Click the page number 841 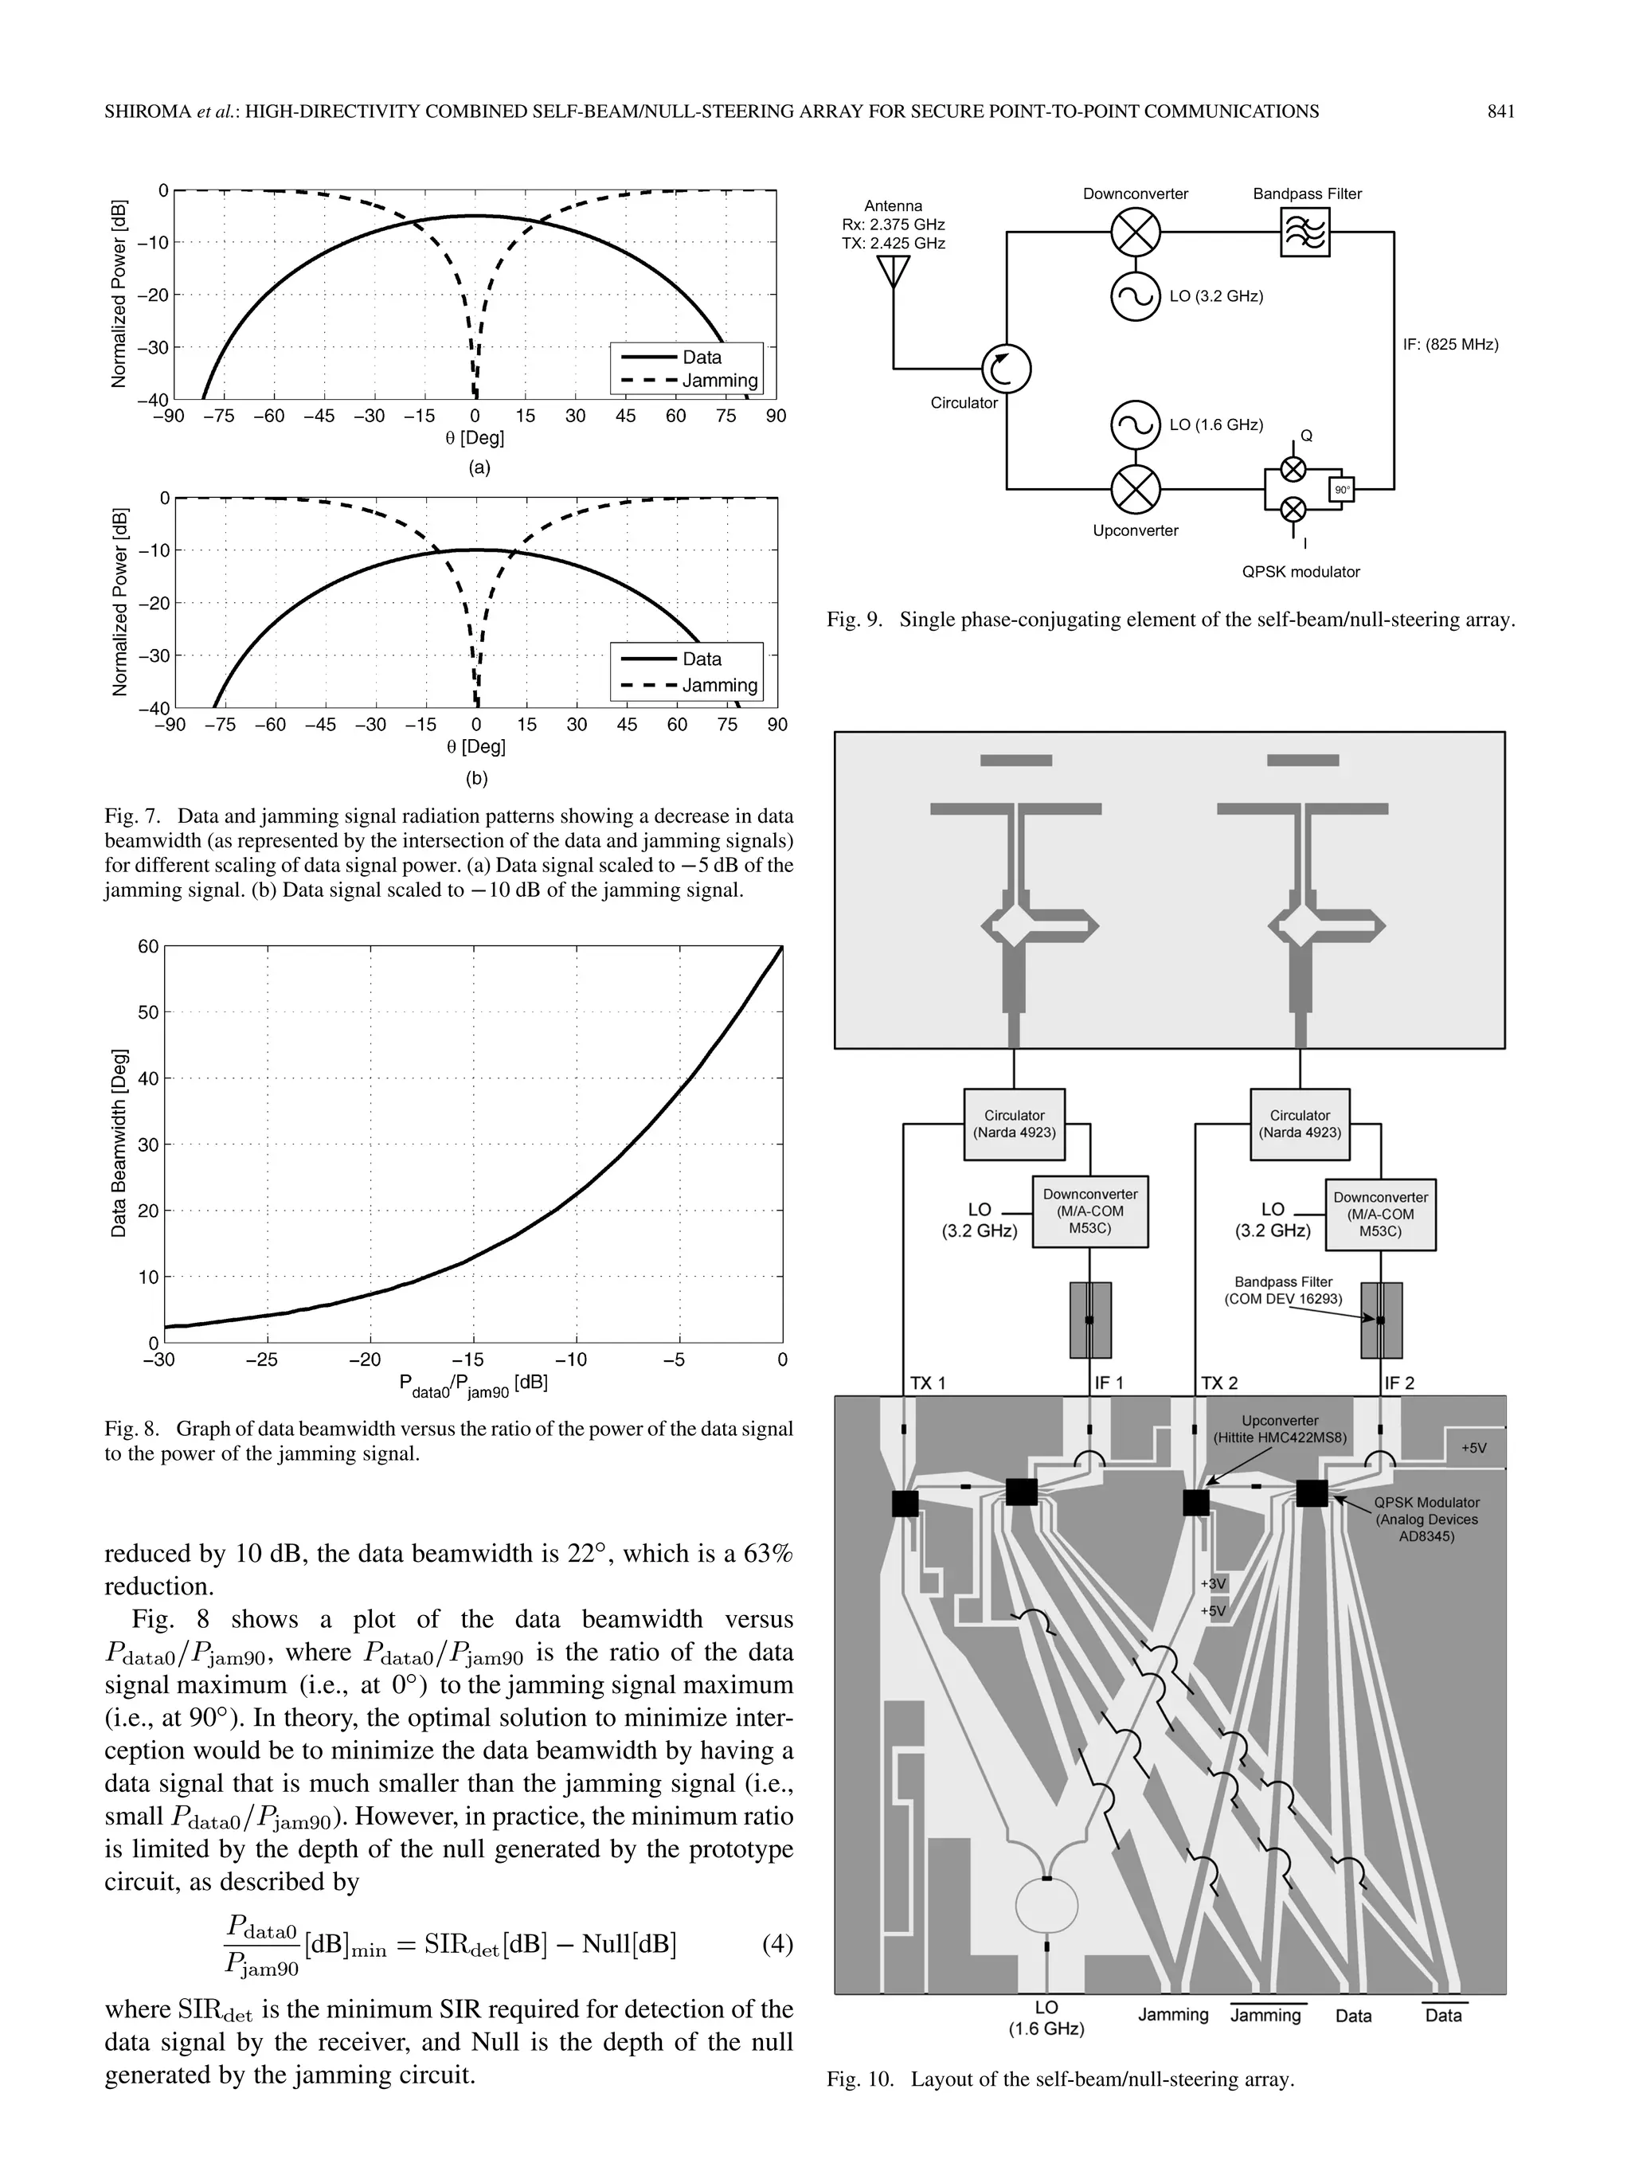[1500, 112]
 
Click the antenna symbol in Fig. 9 [893, 272]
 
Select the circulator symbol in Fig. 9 [1006, 369]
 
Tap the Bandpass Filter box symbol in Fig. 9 [1304, 233]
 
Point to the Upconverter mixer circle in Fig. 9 [1135, 489]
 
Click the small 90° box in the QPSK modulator [1341, 489]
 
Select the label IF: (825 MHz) [1450, 344]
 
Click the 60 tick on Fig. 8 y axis [147, 947]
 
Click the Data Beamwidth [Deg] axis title [119, 1144]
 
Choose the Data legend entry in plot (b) [701, 659]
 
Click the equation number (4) [776, 1944]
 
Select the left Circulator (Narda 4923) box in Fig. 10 [1014, 1123]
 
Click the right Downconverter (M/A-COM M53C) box [1379, 1215]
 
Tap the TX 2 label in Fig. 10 [1219, 1383]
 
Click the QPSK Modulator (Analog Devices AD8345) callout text [1426, 1520]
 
